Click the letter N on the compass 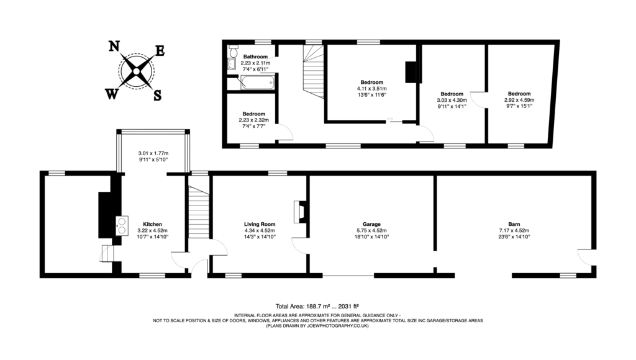click(x=114, y=46)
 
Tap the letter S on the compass click(x=157, y=95)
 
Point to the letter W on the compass click(x=112, y=94)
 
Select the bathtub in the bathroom click(x=250, y=83)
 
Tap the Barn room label click(x=514, y=224)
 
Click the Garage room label click(x=371, y=224)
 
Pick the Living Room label click(x=260, y=224)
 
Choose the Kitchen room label click(x=152, y=224)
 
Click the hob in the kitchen click(x=119, y=225)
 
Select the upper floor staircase click(x=312, y=74)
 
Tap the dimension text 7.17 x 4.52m click(x=514, y=230)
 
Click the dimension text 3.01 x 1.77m click(x=153, y=153)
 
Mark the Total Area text click(x=317, y=306)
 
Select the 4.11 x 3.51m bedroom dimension click(x=371, y=89)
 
